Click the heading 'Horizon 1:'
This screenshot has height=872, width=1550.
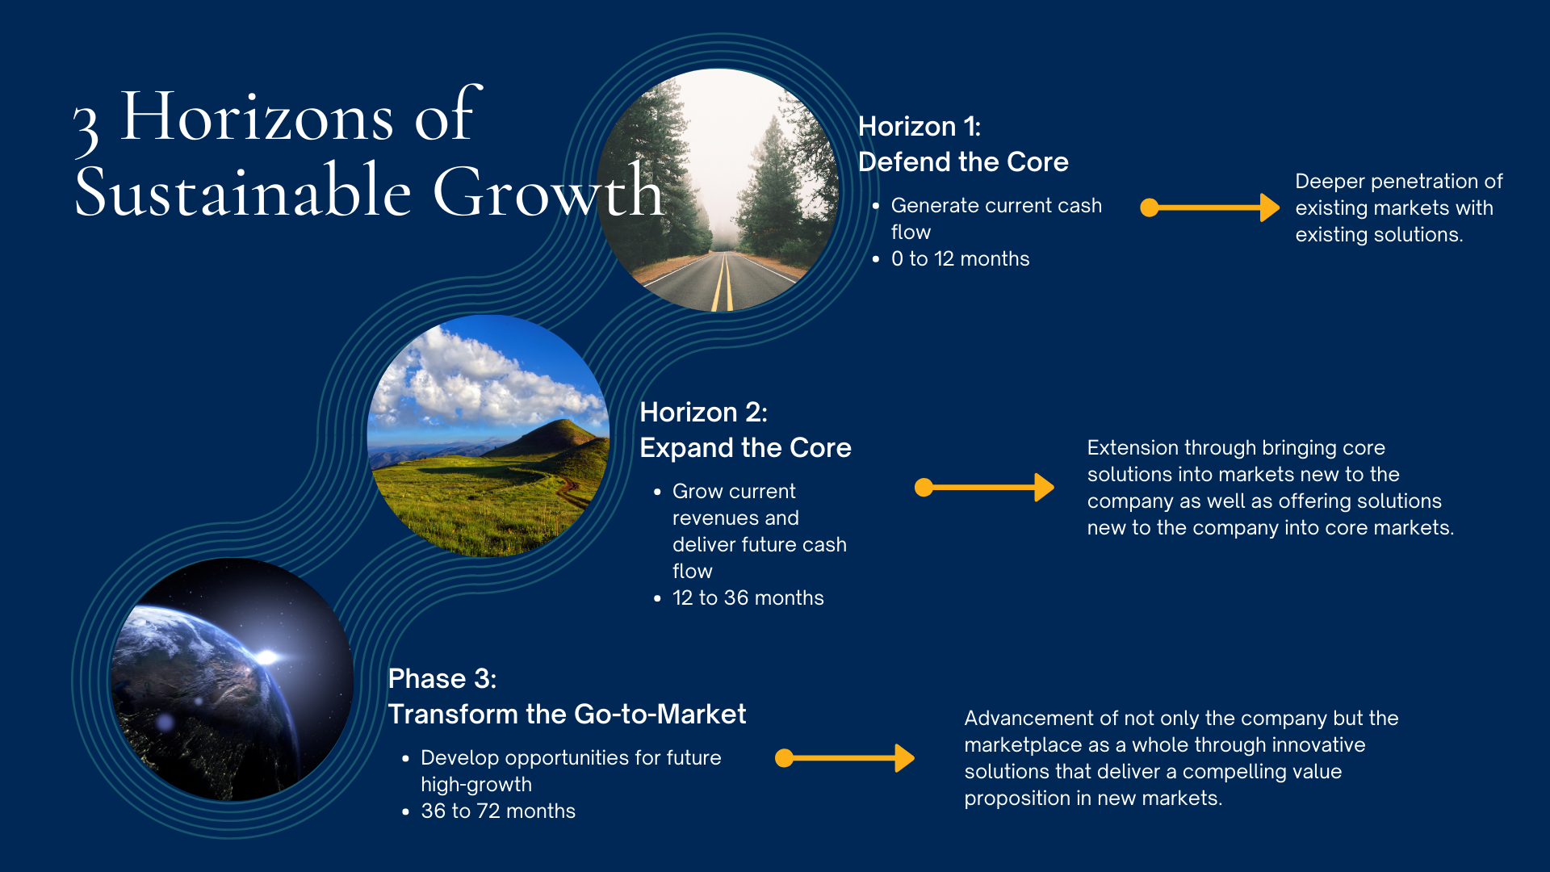pyautogui.click(x=920, y=127)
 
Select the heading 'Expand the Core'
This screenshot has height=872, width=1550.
pyautogui.click(x=745, y=448)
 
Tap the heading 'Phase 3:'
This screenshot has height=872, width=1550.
pyautogui.click(x=442, y=679)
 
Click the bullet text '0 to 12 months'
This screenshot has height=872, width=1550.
pyautogui.click(x=960, y=259)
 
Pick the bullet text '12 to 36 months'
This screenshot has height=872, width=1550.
pyautogui.click(x=748, y=598)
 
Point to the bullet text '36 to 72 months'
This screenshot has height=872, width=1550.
pyautogui.click(x=498, y=811)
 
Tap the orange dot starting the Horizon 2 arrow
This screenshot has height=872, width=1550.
pyautogui.click(x=924, y=487)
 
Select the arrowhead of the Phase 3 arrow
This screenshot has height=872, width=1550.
pyautogui.click(x=905, y=758)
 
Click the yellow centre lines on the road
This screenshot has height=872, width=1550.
pyautogui.click(x=723, y=283)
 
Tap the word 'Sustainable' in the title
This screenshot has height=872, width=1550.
pyautogui.click(x=243, y=192)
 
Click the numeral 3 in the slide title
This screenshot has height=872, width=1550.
pyautogui.click(x=86, y=129)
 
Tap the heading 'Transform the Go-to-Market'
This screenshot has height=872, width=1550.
pyautogui.click(x=567, y=715)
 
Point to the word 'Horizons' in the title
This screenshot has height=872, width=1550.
pyautogui.click(x=257, y=117)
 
